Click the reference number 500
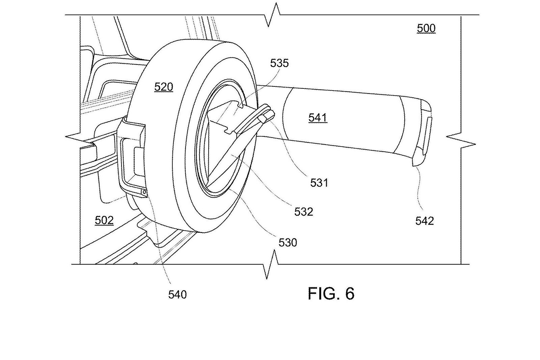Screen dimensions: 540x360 coord(426,28)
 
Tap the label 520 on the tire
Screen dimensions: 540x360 coord(164,87)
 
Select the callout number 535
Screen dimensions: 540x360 coord(279,63)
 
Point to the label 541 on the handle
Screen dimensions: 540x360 coord(318,118)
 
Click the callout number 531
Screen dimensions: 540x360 coord(319,183)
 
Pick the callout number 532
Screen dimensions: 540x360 coord(303,212)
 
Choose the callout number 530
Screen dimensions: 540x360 coord(288,242)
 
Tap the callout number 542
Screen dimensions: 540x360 coord(425,221)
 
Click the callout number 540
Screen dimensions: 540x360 coord(178,294)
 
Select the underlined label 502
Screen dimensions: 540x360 coord(104,220)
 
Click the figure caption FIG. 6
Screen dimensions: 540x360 coord(331,293)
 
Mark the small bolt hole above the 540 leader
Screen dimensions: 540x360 coord(144,192)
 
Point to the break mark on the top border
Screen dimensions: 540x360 coord(272,15)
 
